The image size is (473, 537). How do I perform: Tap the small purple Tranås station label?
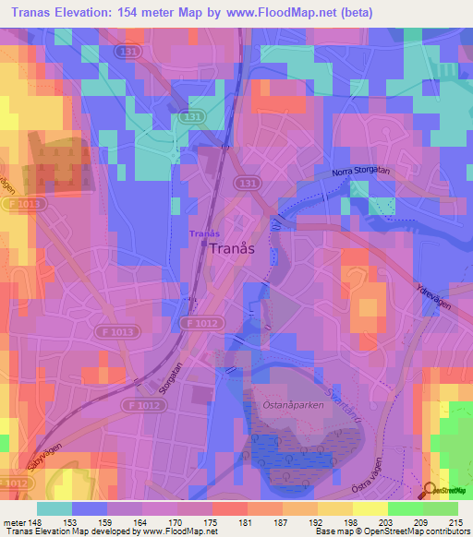(x=204, y=233)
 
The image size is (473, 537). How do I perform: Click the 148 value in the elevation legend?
(x=33, y=522)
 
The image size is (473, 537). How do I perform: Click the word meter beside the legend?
(x=12, y=522)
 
